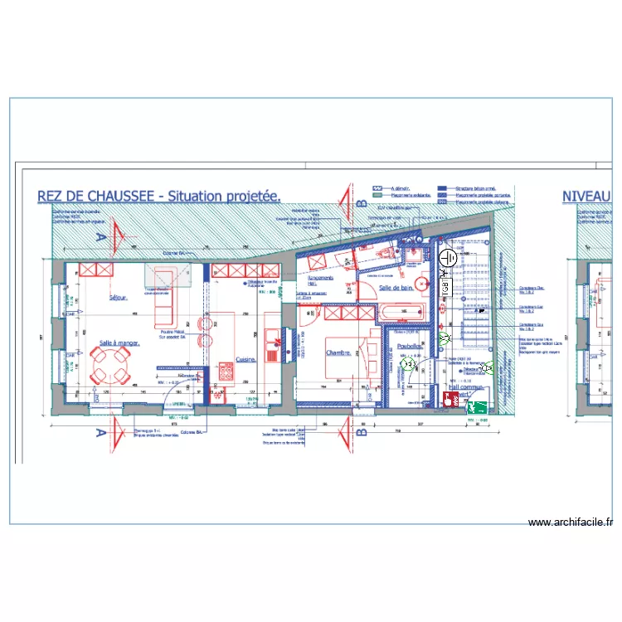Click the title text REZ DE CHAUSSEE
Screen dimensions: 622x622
point(100,197)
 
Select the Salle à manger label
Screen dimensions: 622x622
point(119,342)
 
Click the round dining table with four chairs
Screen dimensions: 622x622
point(110,365)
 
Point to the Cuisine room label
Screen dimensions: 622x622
point(245,359)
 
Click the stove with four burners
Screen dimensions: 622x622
point(225,372)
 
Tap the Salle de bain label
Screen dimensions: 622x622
point(396,288)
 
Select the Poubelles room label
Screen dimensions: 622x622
point(410,347)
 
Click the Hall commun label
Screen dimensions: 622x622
point(465,386)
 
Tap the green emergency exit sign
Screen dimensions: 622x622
point(477,406)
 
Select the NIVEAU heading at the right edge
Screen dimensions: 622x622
point(591,197)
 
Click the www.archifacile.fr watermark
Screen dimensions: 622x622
point(571,522)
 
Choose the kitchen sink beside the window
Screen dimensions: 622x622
point(271,340)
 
